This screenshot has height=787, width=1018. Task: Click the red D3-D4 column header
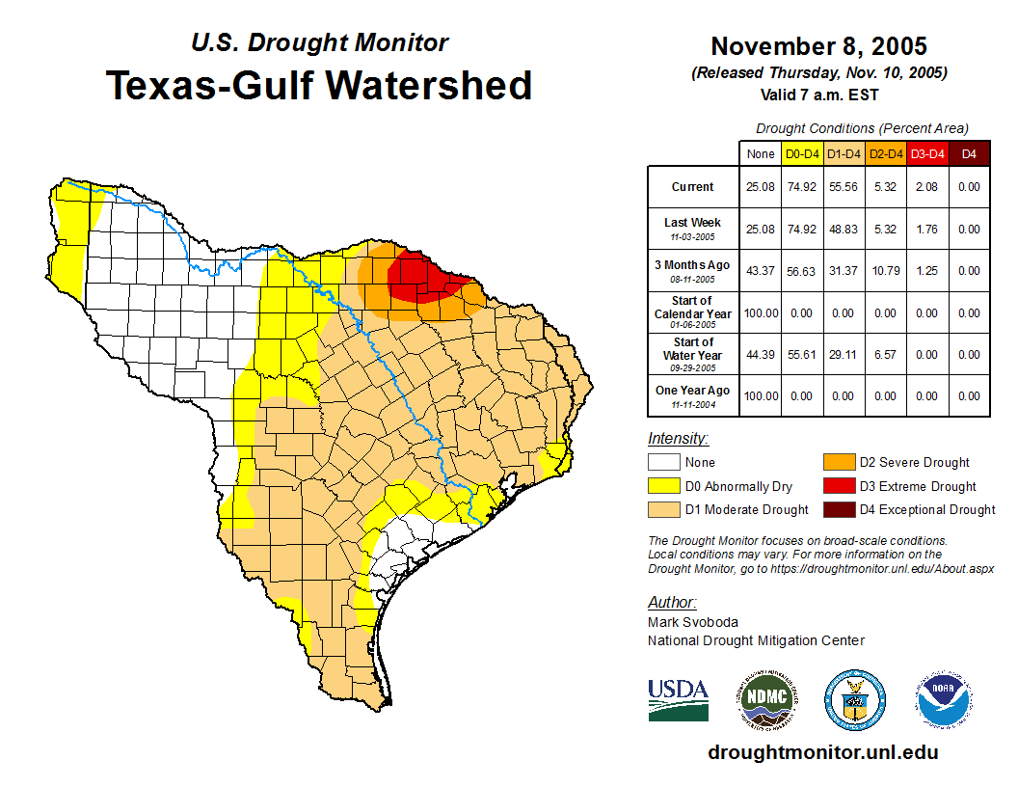point(927,153)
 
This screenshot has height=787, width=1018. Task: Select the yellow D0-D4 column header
point(802,153)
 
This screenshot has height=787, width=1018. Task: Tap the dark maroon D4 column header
point(969,153)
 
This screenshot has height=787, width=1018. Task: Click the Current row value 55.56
point(844,187)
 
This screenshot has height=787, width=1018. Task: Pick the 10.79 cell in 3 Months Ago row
point(885,271)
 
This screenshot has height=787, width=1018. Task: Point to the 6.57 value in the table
point(885,355)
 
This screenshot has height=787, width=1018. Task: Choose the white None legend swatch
point(664,463)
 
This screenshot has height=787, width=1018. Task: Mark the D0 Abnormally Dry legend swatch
point(664,486)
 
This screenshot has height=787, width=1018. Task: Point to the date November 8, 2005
point(818,46)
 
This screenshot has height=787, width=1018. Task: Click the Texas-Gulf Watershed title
point(319,86)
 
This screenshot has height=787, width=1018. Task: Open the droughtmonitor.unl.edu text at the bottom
point(822,752)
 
